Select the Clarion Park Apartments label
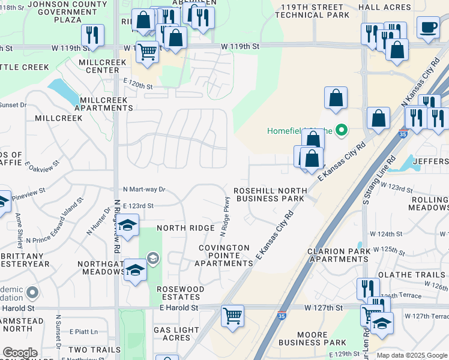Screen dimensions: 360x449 (337, 255)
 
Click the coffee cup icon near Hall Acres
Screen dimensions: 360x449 (428, 28)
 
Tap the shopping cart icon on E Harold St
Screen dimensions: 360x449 (232, 315)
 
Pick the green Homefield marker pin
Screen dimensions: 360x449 (342, 130)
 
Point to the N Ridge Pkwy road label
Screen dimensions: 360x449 (227, 215)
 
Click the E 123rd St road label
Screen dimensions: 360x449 (138, 205)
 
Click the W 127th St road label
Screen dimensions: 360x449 (323, 307)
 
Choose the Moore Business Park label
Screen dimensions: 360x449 (312, 338)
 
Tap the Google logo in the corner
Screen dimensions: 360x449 (20, 353)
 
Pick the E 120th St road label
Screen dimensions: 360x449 (138, 86)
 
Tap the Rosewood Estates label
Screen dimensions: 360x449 (180, 293)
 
